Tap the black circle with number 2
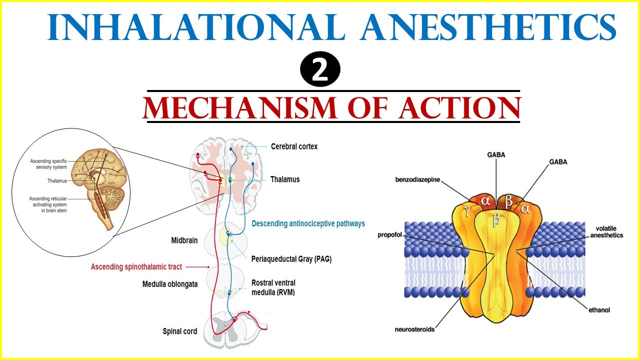(320, 70)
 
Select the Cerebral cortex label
(294, 146)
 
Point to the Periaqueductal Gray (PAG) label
(291, 259)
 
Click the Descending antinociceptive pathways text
(308, 223)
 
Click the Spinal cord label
(179, 331)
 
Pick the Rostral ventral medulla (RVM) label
(273, 287)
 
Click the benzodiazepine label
(417, 179)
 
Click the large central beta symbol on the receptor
(496, 220)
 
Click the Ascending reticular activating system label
(48, 204)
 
